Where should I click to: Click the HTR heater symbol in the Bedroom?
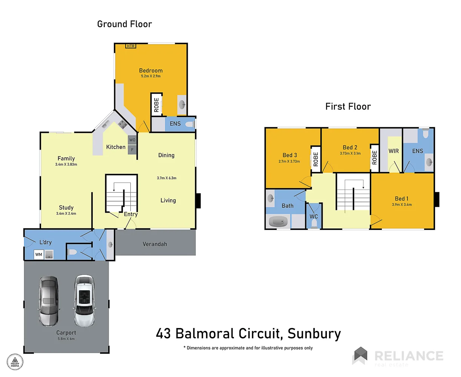pyautogui.click(x=130, y=46)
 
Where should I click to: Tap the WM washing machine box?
pyautogui.click(x=39, y=255)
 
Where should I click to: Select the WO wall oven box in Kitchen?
pyautogui.click(x=132, y=140)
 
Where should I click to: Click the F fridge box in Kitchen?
pyautogui.click(x=132, y=150)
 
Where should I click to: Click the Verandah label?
pyautogui.click(x=155, y=244)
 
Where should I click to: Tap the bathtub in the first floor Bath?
pyautogui.click(x=279, y=221)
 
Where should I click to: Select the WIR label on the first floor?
pyautogui.click(x=394, y=151)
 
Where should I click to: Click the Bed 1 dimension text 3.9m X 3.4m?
pyautogui.click(x=401, y=205)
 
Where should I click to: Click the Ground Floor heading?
pyautogui.click(x=124, y=24)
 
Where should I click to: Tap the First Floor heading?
pyautogui.click(x=348, y=107)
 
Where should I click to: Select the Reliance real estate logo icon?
pyautogui.click(x=360, y=356)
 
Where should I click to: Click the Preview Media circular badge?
pyautogui.click(x=15, y=362)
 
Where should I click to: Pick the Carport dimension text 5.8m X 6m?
pyautogui.click(x=66, y=339)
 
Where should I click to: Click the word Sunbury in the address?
pyautogui.click(x=314, y=334)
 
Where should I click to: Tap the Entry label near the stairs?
pyautogui.click(x=131, y=214)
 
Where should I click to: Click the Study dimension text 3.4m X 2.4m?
pyautogui.click(x=66, y=214)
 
